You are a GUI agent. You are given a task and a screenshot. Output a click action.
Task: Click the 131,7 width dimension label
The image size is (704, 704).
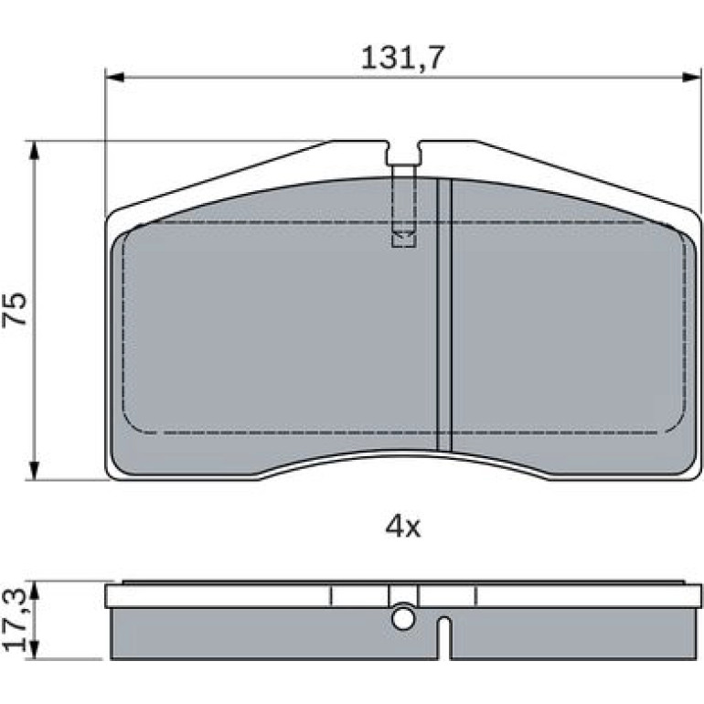point(402,58)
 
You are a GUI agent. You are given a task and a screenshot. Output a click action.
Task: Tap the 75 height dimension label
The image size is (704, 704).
point(15,309)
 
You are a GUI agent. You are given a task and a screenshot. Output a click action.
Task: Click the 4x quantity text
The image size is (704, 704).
point(402,528)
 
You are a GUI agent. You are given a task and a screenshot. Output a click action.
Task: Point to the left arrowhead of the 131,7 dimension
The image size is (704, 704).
point(113,77)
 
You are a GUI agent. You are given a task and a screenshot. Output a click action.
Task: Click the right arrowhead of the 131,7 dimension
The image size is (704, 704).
point(691,77)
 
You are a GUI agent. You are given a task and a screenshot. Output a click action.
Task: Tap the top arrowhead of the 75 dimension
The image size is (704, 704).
point(34,151)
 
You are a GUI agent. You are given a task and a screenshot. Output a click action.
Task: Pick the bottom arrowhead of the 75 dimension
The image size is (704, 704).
point(34,471)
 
